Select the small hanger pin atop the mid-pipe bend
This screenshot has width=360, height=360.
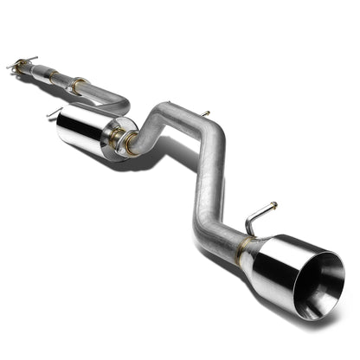coord(207,114)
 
